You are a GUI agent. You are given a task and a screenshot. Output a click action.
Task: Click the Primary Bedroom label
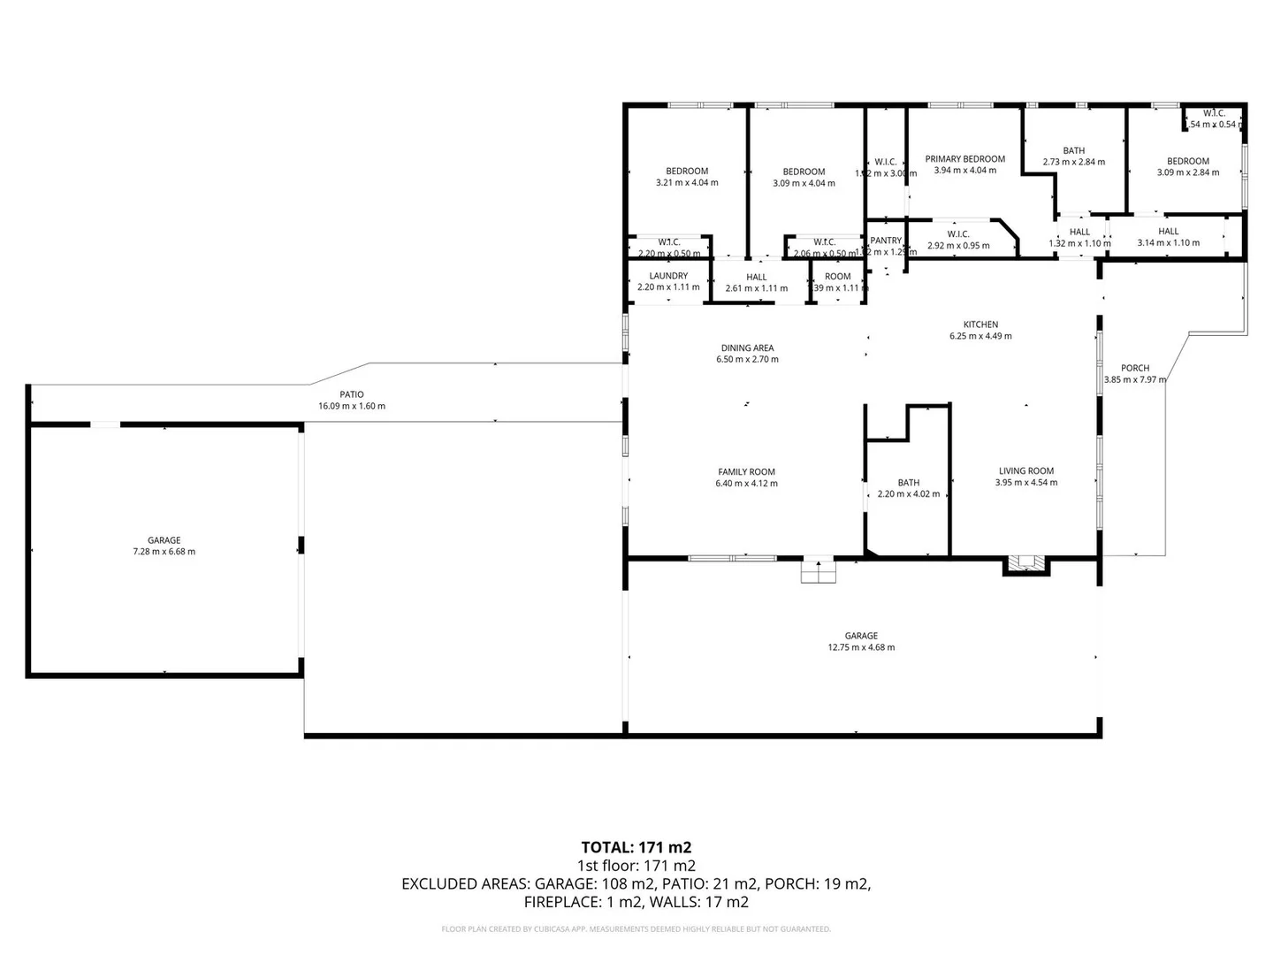964,159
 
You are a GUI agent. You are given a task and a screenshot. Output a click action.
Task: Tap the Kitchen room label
980,325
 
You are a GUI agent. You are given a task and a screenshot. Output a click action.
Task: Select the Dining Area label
747,348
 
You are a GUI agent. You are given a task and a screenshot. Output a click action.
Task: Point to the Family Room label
746,472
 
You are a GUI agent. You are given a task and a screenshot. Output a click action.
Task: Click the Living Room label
1025,471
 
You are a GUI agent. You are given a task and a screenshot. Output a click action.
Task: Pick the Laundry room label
668,276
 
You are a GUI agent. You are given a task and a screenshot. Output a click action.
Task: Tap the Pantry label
885,241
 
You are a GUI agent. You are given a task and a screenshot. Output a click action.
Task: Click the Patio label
352,395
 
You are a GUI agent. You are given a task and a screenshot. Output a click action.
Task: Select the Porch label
1135,368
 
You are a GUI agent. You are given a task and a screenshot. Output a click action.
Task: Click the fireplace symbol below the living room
1025,563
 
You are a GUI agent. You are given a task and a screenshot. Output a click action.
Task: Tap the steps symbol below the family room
818,572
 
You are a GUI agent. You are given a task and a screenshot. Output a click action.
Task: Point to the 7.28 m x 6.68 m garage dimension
164,552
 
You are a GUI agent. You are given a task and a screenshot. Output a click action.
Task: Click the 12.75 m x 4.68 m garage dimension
861,647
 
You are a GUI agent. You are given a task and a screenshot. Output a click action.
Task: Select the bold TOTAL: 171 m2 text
636,848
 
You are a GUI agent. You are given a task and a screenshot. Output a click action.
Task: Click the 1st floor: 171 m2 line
636,866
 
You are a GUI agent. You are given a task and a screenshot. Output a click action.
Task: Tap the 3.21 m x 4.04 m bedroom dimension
687,183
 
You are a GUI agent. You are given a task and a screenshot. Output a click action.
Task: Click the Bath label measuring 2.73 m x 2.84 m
1073,150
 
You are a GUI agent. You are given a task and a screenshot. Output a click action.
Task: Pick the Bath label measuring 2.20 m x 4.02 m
908,483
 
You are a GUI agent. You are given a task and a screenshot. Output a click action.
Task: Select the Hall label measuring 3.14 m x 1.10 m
1168,232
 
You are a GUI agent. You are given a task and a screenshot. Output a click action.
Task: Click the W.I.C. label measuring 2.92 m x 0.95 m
958,234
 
